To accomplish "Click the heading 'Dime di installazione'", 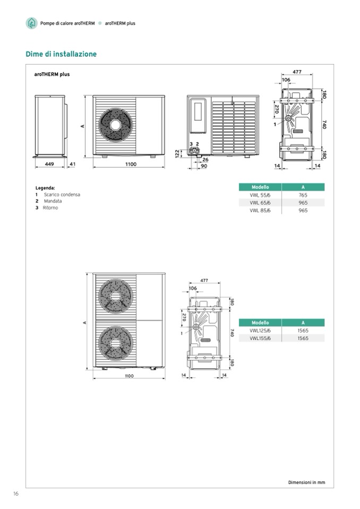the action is [x=61, y=54].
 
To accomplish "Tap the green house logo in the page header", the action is [x=31, y=23].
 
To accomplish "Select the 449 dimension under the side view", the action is [x=49, y=164].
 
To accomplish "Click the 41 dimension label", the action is [x=72, y=164].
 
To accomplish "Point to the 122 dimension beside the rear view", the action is [x=177, y=153].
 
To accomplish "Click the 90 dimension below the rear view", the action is [x=204, y=166].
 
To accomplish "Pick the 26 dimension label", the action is [x=205, y=160].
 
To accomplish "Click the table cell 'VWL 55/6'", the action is [x=260, y=195].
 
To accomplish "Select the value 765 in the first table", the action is [x=303, y=195].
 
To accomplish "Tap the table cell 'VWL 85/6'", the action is [x=260, y=210].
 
